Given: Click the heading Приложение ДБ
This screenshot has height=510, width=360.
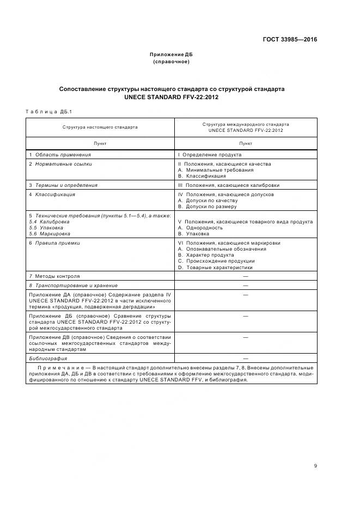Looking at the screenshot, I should [171, 54].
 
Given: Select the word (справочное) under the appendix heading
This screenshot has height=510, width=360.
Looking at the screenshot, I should [171, 62].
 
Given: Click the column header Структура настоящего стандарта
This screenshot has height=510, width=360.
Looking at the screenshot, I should [100, 127].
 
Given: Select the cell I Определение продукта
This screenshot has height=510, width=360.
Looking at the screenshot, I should [210, 155].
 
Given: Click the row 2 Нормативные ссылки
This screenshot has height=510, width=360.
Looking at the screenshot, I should [60, 163].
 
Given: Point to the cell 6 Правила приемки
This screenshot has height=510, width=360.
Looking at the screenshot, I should [54, 243].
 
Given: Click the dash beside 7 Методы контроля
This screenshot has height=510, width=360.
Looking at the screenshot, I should [245, 276].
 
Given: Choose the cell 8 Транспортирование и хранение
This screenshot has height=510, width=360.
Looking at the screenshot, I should [73, 285].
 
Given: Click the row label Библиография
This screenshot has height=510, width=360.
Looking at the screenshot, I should [48, 359].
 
